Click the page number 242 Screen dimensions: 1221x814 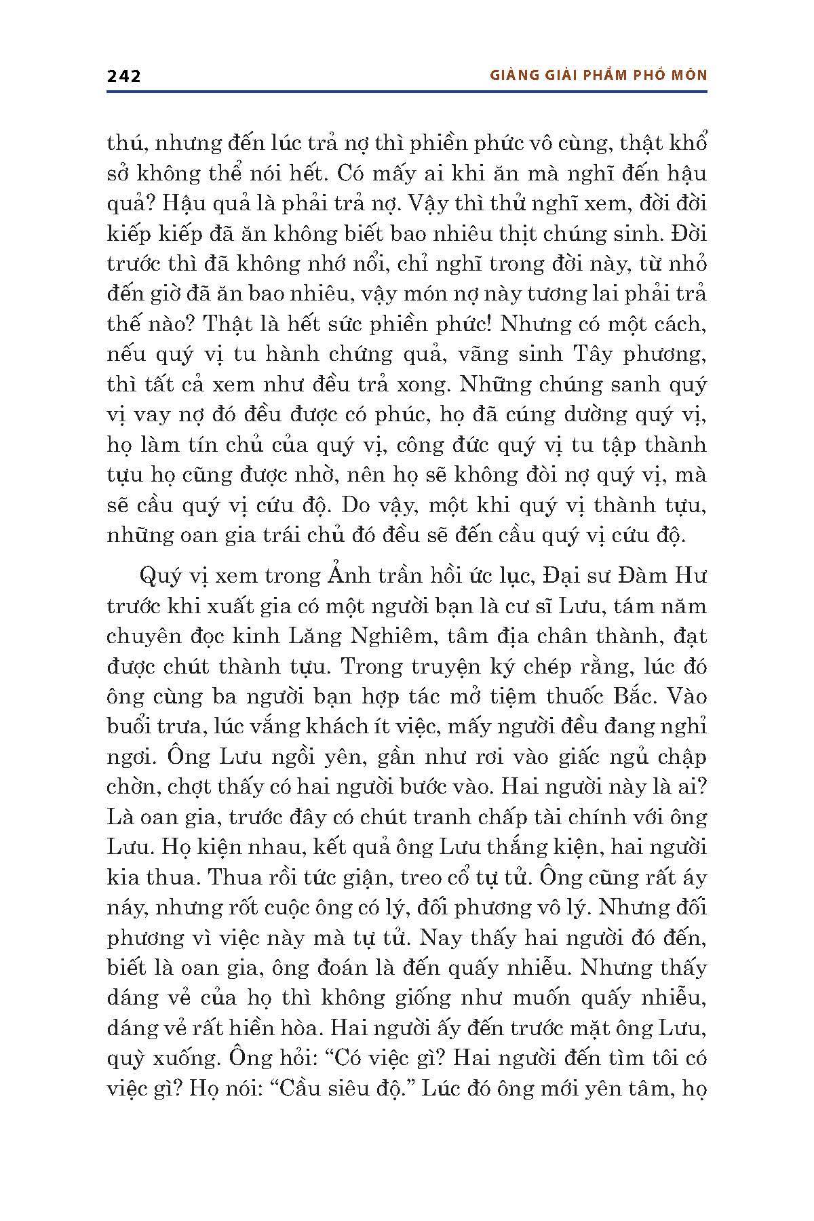[123, 76]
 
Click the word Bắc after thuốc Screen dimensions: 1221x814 [623, 696]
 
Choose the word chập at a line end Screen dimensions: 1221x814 [680, 756]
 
